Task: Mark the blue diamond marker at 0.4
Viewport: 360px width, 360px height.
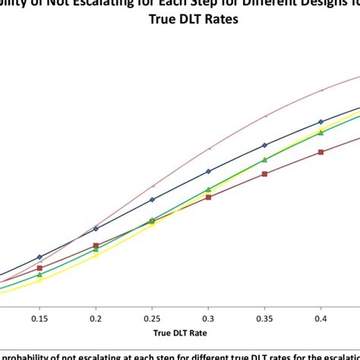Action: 321,122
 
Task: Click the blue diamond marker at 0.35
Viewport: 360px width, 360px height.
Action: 264,145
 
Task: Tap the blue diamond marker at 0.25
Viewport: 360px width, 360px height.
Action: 152,200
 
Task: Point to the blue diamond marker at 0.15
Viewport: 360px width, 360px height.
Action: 39,257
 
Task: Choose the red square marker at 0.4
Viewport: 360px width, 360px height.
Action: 321,152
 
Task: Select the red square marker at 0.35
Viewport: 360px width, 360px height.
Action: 264,174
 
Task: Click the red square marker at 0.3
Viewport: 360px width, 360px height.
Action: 208,197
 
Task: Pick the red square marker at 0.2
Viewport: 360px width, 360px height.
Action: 96,246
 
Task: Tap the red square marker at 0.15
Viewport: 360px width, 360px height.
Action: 39,268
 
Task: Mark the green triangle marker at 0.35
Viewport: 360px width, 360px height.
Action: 264,159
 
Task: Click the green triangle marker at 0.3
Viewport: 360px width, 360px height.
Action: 208,189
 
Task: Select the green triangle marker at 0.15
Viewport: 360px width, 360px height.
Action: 39,274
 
